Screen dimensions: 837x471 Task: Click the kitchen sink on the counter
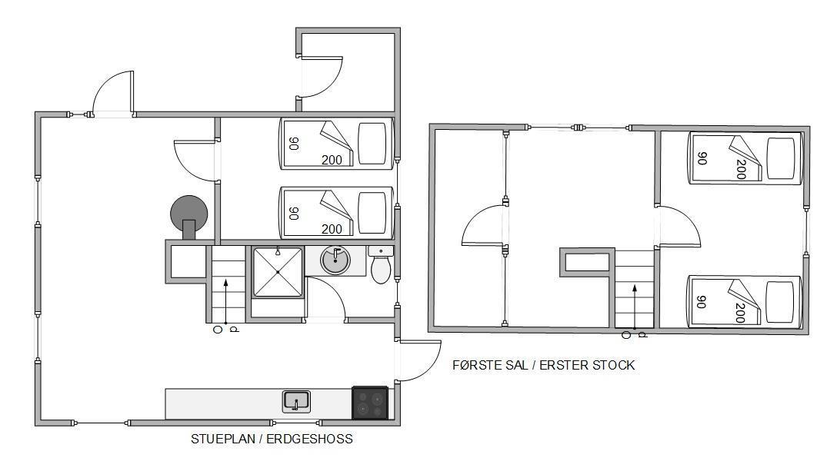tap(296, 402)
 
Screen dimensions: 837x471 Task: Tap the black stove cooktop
tap(370, 402)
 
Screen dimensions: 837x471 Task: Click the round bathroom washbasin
tap(335, 260)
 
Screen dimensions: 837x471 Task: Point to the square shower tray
tap(278, 272)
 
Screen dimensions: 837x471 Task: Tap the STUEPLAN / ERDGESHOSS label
tap(272, 439)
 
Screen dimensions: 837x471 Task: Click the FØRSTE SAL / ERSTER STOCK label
tap(543, 366)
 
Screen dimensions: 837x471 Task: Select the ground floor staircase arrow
tap(226, 301)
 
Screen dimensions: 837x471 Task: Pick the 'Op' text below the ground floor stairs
tap(226, 330)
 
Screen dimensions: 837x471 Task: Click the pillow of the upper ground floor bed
tap(372, 144)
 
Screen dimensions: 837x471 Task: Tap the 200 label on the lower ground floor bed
tap(332, 229)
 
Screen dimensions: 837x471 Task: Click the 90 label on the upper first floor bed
tap(702, 158)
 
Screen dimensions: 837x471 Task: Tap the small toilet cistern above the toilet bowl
tap(381, 250)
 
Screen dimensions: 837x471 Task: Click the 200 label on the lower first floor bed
tap(740, 313)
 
